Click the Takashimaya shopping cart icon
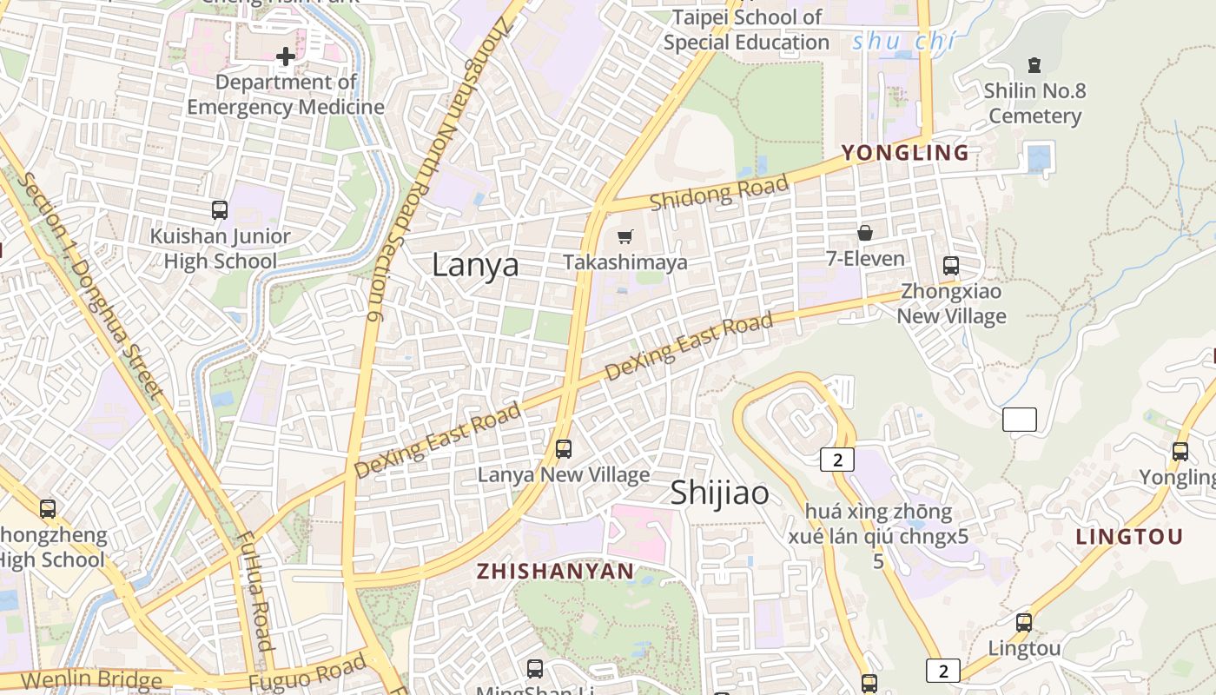625,236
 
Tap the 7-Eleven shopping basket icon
865,233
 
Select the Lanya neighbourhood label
475,265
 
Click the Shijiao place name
719,493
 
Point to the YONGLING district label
905,153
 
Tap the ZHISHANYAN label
556,572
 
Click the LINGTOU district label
1129,537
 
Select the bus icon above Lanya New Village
564,449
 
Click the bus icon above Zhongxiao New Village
951,266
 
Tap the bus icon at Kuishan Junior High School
220,210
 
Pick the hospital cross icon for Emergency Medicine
285,57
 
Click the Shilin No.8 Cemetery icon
1034,64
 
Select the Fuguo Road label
308,672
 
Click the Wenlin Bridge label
92,680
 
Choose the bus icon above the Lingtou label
1024,622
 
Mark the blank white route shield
1019,420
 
